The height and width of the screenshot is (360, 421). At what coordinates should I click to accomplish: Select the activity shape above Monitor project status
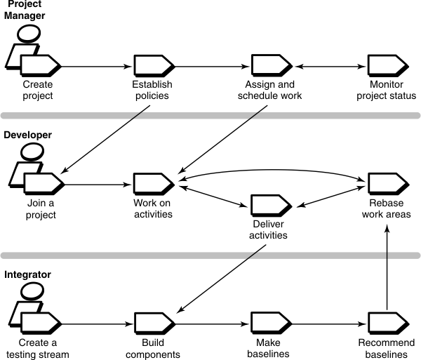[387, 67]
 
